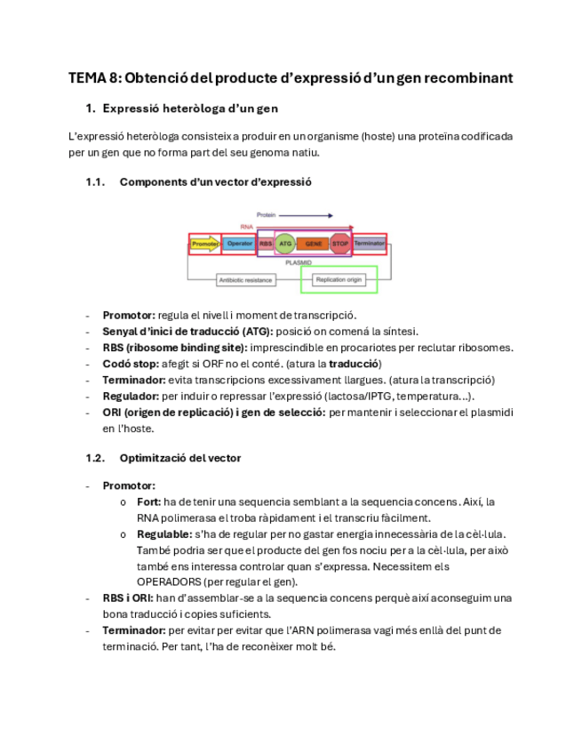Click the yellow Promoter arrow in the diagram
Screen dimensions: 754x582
[x=204, y=244]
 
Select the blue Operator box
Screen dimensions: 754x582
[x=238, y=244]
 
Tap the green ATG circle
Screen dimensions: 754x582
[x=285, y=244]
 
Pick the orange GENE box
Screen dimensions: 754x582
[x=313, y=244]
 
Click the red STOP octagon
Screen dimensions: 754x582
[x=340, y=244]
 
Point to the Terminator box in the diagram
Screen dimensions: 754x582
[x=369, y=244]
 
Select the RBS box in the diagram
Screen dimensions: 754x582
[x=266, y=244]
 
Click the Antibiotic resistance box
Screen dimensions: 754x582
[x=245, y=280]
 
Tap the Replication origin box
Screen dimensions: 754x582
[x=339, y=280]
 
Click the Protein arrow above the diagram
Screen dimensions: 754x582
[x=307, y=215]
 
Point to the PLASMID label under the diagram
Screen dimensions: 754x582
[x=298, y=263]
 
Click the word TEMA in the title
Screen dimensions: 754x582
[x=87, y=78]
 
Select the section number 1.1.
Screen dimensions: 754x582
[x=95, y=182]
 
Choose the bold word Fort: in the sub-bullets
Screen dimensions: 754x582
[x=149, y=501]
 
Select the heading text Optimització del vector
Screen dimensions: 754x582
[x=179, y=458]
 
